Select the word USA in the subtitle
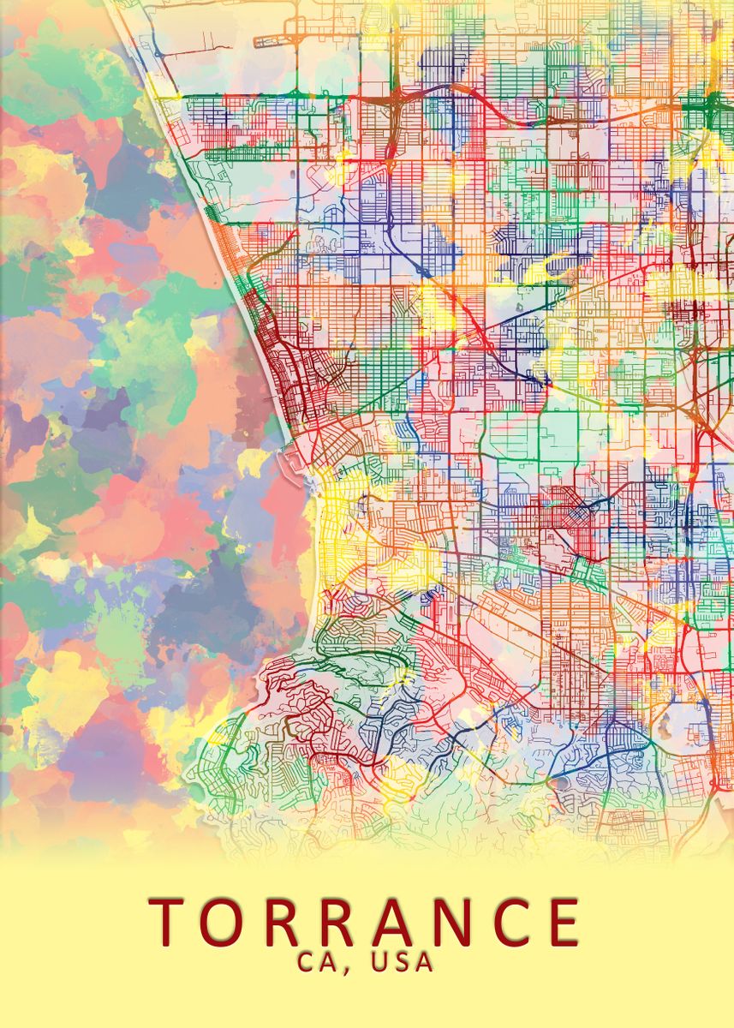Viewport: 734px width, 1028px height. [403, 962]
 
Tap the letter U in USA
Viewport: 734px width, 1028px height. [379, 962]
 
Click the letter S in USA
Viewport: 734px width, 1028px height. [403, 962]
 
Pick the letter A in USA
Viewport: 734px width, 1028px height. [425, 962]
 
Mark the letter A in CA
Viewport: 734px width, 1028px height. [330, 962]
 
